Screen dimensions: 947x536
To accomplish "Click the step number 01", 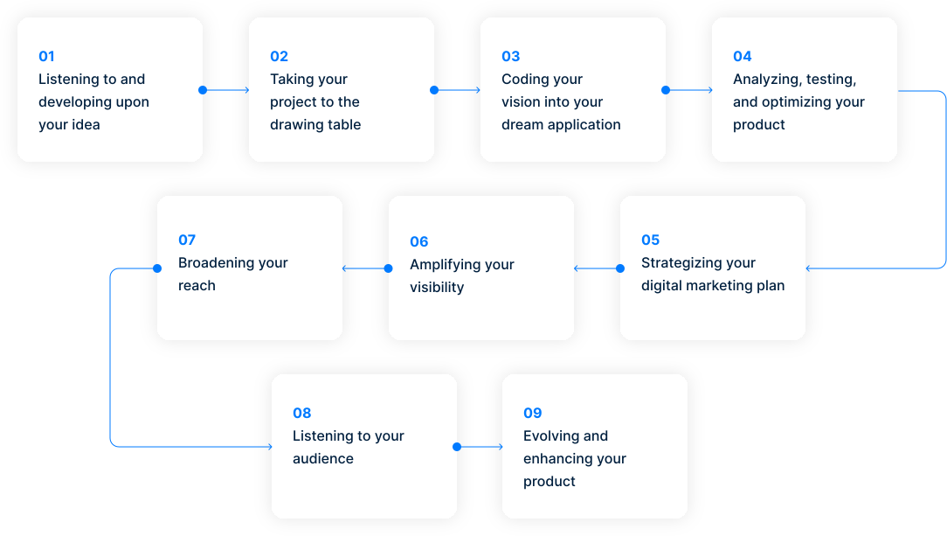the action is point(46,56).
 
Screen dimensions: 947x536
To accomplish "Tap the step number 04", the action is point(743,56).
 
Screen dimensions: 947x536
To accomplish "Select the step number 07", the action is point(187,240).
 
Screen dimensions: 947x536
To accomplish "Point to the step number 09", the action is point(533,413).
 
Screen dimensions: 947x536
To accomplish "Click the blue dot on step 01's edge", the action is point(203,90).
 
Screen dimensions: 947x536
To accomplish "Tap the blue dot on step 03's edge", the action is point(666,90).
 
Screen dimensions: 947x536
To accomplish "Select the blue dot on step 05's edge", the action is point(620,268).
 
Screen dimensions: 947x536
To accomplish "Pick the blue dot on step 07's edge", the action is point(157,268).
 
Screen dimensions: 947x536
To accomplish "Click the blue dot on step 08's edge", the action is point(457,447).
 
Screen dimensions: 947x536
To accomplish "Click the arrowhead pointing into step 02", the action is point(247,90).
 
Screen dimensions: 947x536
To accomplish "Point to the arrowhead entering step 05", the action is point(808,268).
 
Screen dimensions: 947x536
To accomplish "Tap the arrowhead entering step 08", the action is point(270,447).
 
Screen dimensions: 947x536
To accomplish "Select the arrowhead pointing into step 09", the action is point(501,447).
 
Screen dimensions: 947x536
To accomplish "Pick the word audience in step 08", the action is point(323,459).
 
